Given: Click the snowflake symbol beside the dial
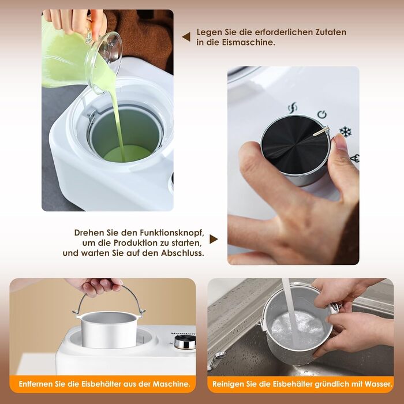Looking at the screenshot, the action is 345,132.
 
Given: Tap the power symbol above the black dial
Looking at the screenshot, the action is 322,114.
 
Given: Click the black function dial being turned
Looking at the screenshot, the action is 295,145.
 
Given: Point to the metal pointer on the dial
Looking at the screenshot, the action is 321,131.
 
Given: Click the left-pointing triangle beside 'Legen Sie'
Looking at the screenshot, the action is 186,37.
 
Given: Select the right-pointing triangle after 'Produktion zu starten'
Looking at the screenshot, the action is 214,239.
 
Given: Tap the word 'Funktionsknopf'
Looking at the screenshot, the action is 172,233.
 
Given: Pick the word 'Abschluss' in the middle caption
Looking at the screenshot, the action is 182,253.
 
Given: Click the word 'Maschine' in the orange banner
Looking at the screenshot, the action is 171,384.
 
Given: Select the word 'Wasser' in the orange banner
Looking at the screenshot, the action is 378,384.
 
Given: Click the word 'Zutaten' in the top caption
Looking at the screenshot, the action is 330,32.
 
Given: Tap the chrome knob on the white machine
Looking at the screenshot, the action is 185,342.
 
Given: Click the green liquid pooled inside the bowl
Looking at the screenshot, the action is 128,154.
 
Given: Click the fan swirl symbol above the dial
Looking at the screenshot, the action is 293,107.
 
